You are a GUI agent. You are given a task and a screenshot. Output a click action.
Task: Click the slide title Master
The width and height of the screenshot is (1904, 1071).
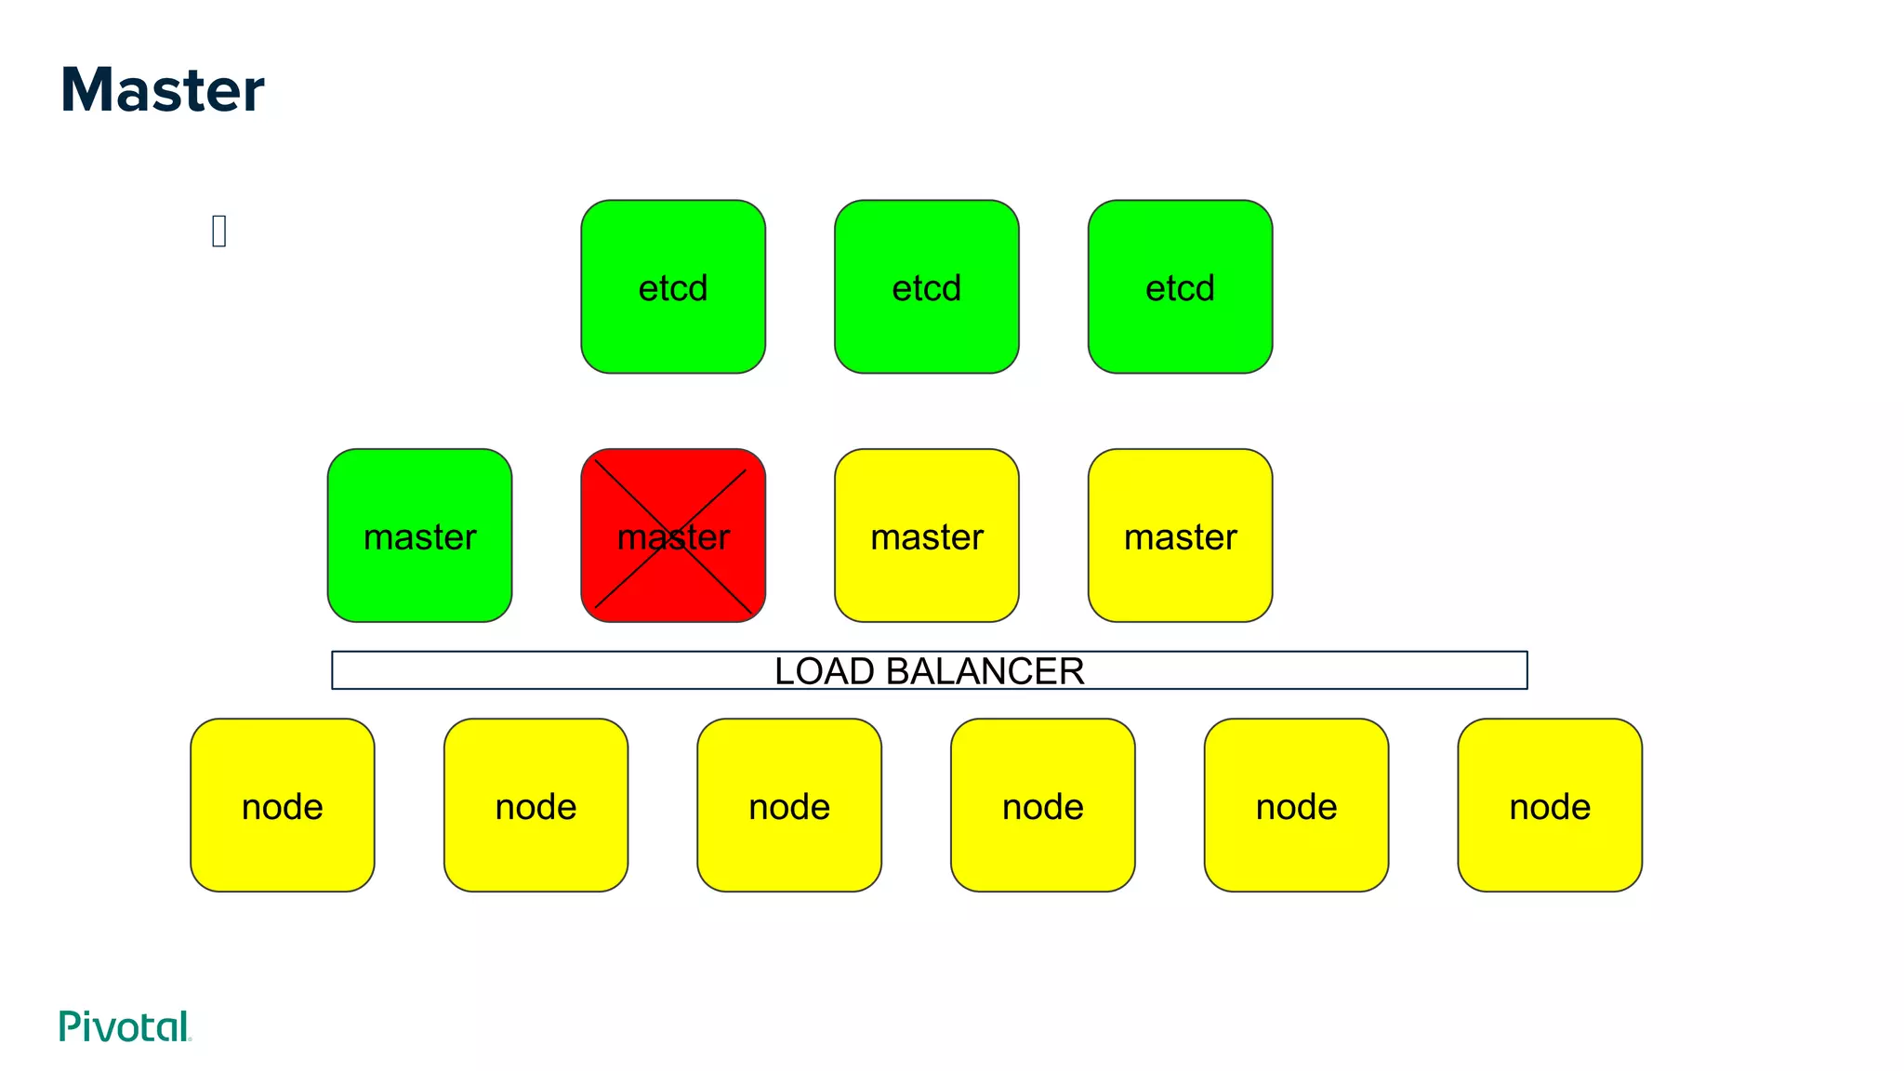[x=162, y=90]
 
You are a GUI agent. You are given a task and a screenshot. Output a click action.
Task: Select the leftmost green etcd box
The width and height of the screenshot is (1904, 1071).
[x=673, y=286]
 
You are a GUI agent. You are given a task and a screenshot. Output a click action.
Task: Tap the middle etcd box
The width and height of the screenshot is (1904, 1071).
[x=926, y=286]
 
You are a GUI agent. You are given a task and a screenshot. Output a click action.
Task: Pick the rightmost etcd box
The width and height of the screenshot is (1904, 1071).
[x=1180, y=286]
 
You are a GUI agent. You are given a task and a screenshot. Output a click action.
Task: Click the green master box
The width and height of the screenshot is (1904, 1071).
[x=419, y=535]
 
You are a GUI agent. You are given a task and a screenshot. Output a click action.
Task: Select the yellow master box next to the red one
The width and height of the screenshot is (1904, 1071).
[x=926, y=535]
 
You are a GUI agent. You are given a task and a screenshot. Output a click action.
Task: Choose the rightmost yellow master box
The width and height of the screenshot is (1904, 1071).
[x=1180, y=535]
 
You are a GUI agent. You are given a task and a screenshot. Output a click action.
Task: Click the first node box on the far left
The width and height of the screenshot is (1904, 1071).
[x=282, y=805]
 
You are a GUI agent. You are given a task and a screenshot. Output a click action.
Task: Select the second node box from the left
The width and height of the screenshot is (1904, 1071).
[x=535, y=805]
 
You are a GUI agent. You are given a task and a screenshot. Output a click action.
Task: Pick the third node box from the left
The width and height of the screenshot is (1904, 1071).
[x=789, y=805]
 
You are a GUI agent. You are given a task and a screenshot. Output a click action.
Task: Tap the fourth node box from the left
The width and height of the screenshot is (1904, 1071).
[x=1042, y=805]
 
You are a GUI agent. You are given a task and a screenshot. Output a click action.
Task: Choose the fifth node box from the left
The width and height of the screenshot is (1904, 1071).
[x=1296, y=805]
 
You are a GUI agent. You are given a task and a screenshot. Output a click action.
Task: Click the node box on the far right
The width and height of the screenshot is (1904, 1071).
[x=1550, y=805]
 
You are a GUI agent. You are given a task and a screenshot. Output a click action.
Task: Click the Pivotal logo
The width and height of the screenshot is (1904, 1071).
[x=125, y=1026]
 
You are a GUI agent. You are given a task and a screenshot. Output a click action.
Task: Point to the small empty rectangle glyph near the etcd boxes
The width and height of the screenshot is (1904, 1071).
[x=218, y=231]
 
